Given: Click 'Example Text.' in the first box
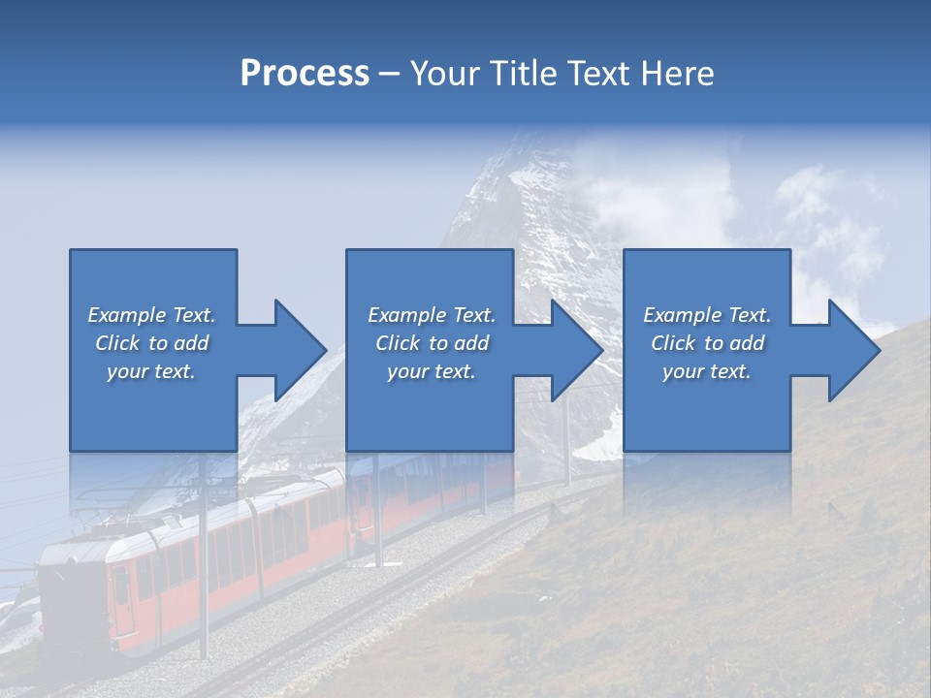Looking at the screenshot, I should pyautogui.click(x=151, y=315).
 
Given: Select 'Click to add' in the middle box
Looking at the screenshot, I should pyautogui.click(x=432, y=343).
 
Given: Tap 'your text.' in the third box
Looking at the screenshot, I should pyautogui.click(x=707, y=371).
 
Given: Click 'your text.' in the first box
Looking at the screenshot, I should pyautogui.click(x=151, y=371).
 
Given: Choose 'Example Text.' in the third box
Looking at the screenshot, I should pyautogui.click(x=707, y=315).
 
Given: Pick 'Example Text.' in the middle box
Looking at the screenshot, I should pyautogui.click(x=432, y=315).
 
